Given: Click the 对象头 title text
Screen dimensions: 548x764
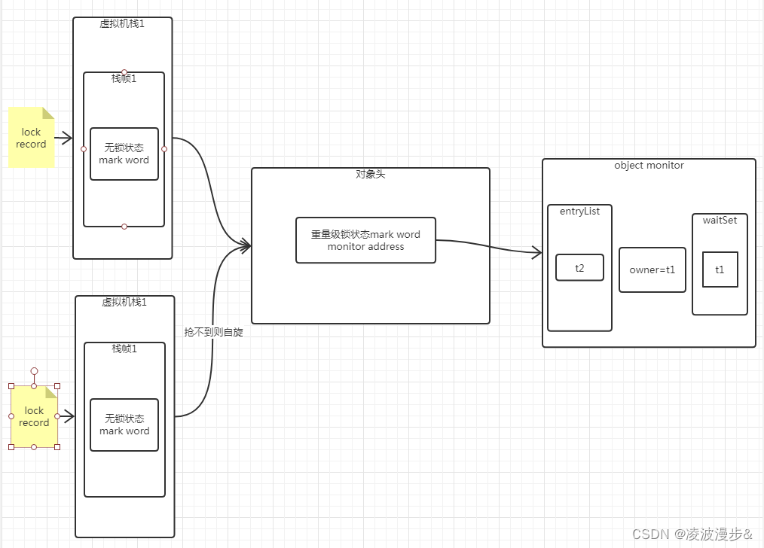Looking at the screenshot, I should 370,174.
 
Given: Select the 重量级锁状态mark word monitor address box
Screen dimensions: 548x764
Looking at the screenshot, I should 365,240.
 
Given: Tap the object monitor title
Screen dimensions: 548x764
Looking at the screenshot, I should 649,165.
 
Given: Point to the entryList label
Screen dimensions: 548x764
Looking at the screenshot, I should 579,212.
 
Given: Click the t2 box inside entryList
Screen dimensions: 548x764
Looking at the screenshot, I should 579,267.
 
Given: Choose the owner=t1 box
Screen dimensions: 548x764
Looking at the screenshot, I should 652,269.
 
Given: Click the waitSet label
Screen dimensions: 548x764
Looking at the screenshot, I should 720,220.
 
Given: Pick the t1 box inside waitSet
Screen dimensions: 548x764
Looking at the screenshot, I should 720,269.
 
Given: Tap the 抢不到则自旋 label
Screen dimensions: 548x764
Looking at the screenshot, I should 213,332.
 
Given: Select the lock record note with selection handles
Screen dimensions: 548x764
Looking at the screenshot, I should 34,416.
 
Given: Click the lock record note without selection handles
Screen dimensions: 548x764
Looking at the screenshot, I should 31,138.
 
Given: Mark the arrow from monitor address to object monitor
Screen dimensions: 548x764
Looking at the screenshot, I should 490,245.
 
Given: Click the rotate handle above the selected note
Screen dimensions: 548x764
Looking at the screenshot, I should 34,371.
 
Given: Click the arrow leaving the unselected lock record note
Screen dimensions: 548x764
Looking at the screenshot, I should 63,138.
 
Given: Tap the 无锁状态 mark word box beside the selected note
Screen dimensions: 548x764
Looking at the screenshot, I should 124,425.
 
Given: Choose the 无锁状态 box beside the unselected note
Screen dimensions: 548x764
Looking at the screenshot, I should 124,154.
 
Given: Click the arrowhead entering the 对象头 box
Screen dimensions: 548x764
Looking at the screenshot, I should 246,245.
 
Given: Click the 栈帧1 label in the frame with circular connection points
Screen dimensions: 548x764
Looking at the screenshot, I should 124,78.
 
